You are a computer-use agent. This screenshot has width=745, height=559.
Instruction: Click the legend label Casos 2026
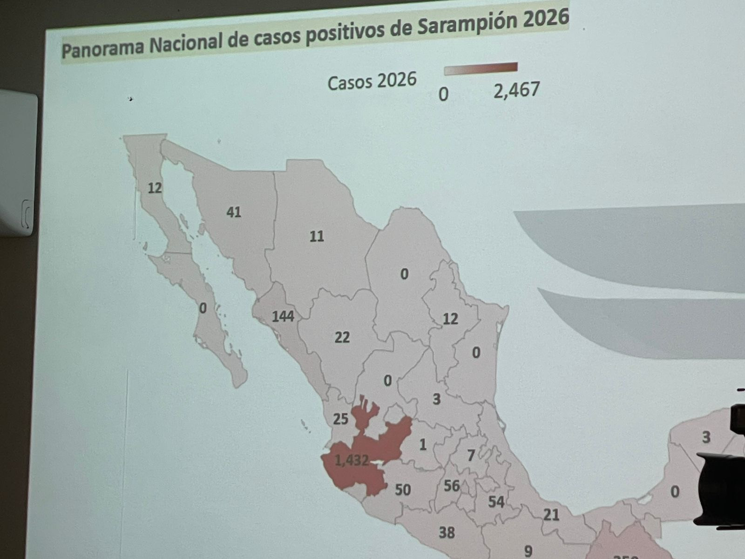[x=372, y=82]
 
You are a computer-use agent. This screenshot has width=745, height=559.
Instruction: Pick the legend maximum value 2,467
[x=516, y=89]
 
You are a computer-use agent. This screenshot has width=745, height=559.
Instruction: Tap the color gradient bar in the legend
[x=480, y=69]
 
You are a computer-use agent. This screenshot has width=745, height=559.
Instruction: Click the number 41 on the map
[x=234, y=212]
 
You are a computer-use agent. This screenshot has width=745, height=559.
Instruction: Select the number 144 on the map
[x=283, y=317]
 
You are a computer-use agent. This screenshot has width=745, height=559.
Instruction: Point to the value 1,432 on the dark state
[x=352, y=460]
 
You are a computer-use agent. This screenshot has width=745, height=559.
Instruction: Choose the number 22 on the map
[x=342, y=337]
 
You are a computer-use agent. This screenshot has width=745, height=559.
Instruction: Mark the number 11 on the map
[x=317, y=236]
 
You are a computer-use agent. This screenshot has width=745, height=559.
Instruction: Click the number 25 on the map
[x=340, y=419]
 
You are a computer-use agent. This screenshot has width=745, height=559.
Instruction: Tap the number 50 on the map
[x=403, y=490]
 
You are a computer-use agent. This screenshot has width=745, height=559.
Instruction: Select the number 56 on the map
[x=452, y=486]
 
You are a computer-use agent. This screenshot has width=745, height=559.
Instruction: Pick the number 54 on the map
[x=496, y=502]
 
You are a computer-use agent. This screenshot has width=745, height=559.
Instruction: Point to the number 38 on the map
[x=447, y=532]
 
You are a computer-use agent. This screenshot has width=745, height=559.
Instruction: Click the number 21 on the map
[x=551, y=515]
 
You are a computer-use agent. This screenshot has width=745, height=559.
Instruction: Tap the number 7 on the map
[x=471, y=455]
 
